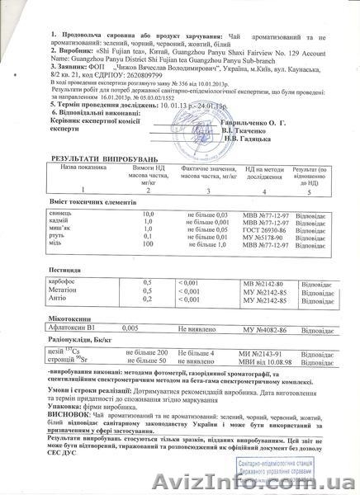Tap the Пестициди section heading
click(x=69, y=270)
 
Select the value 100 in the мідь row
click(x=149, y=245)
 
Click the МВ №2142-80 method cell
click(x=264, y=283)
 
